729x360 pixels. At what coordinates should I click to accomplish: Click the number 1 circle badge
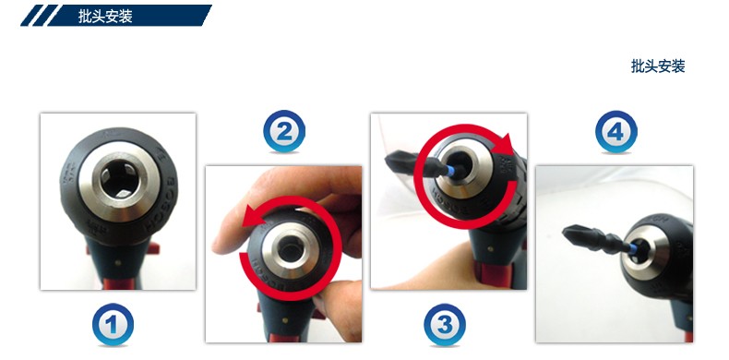coord(113,324)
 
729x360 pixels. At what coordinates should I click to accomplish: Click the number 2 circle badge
coord(284,131)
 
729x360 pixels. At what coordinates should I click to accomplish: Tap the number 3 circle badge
coord(445,324)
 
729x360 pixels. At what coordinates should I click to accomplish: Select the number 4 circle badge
coord(616,132)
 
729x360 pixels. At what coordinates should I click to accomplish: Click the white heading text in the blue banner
coord(105,17)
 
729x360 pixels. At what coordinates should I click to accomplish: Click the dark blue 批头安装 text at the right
coord(658,66)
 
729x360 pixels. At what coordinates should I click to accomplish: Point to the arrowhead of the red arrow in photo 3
coord(505,145)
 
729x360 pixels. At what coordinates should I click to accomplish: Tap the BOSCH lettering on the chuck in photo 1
coord(161,205)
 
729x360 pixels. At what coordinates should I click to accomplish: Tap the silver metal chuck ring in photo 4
coord(645,255)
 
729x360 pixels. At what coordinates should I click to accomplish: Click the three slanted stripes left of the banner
coord(40,16)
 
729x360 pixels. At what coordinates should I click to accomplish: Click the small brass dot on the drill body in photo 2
coord(284,320)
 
